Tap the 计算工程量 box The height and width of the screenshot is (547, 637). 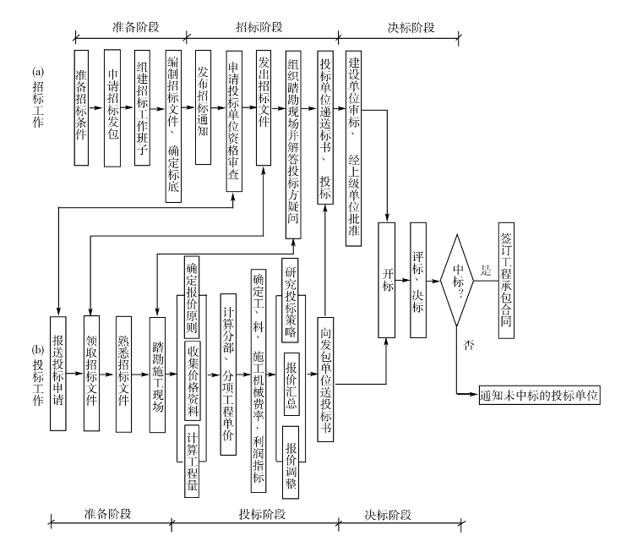(193, 460)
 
